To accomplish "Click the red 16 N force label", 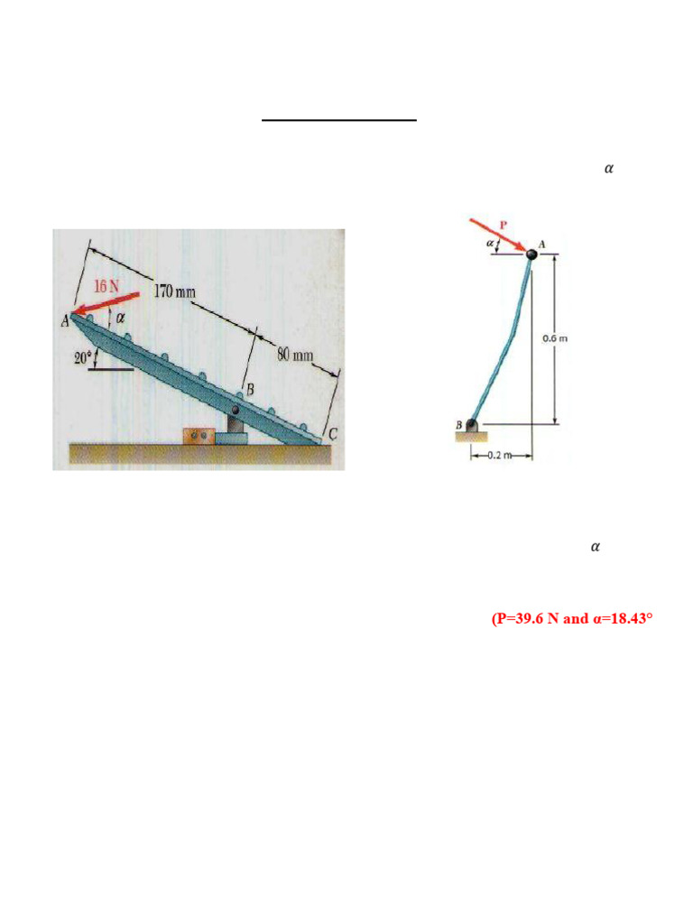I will point(107,287).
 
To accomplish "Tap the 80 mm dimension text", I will point(295,355).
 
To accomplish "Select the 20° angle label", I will point(83,357).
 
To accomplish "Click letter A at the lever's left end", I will point(65,319).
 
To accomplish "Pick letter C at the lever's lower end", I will point(331,434).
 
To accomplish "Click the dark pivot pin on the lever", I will point(236,412).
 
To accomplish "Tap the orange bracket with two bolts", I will point(199,436).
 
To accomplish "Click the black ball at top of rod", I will point(531,254).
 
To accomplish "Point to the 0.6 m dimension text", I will point(554,338).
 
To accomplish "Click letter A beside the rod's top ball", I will point(542,244).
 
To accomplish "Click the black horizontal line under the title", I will point(339,119).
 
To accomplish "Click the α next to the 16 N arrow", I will point(120,319).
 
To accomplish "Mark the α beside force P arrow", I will point(490,244).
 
